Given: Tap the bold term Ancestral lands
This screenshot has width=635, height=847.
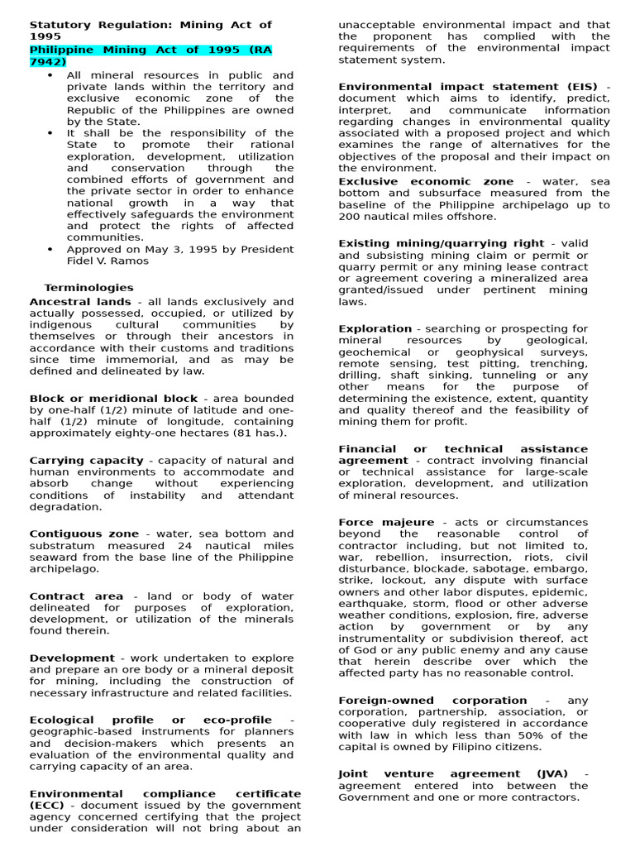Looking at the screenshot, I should tap(80, 302).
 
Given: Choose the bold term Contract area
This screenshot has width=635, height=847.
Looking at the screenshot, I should tap(76, 596).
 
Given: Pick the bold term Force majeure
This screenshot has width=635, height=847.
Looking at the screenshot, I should tap(385, 522).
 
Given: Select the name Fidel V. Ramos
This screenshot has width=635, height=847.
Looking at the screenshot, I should tap(107, 261).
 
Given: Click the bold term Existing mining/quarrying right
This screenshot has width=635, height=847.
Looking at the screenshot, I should tap(442, 243).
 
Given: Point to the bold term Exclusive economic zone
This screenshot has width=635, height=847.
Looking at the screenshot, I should tap(426, 181).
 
